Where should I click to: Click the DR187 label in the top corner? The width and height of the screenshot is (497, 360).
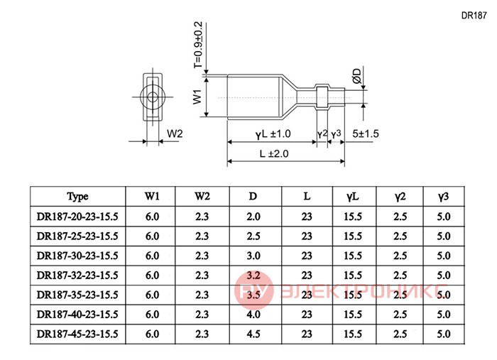pos(474,16)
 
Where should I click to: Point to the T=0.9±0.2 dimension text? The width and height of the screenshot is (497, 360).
pos(198,45)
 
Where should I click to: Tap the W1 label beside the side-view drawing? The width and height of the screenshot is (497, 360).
pos(197,97)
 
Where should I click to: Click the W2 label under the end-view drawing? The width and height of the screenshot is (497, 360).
pos(175,133)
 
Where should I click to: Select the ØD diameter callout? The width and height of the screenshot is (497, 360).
pos(357,76)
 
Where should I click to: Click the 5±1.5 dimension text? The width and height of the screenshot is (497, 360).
pos(366,133)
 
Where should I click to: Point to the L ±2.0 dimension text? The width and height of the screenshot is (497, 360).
pos(274,153)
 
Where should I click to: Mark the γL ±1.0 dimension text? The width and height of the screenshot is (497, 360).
pos(273,134)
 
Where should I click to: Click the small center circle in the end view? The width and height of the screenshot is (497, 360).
pos(153,97)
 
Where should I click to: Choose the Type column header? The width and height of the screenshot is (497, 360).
pos(77,197)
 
